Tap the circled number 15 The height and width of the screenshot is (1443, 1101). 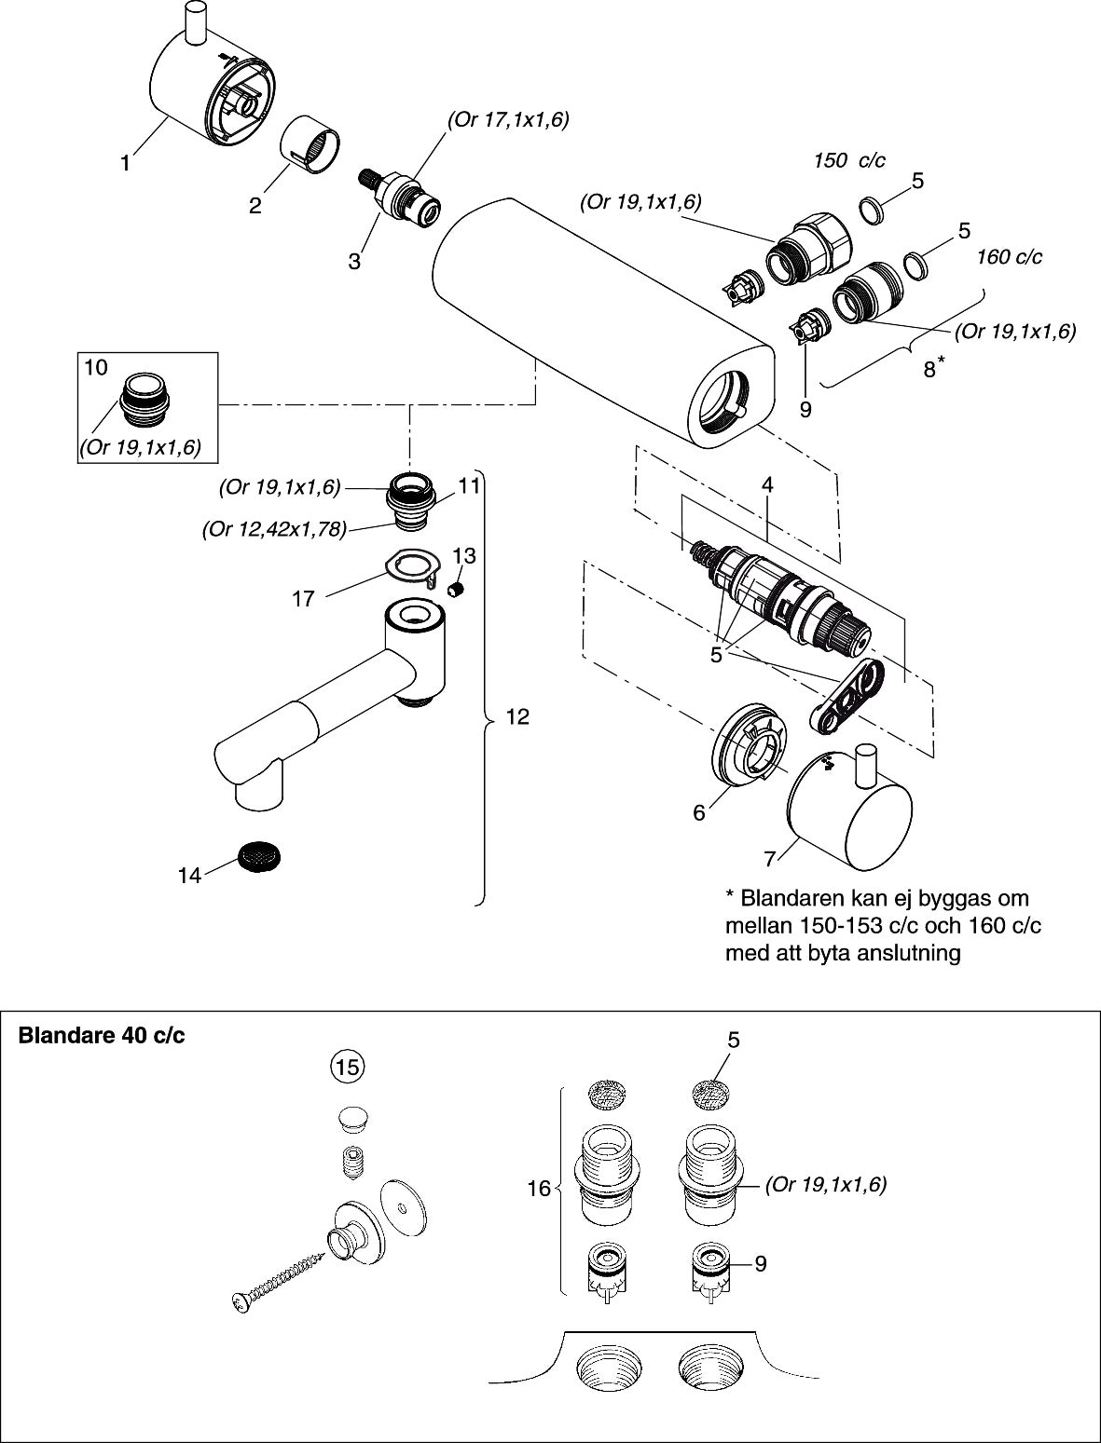click(x=347, y=1068)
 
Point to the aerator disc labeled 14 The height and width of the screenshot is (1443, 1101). click(x=261, y=854)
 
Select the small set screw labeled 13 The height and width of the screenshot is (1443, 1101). click(x=458, y=589)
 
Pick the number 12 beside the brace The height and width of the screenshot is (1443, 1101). click(x=516, y=716)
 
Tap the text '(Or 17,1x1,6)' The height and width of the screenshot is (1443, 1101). click(x=508, y=119)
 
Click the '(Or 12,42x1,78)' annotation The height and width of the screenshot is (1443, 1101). click(x=274, y=529)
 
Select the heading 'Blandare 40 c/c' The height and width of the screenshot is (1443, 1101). click(x=102, y=1035)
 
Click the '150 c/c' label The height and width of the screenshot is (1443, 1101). click(x=848, y=160)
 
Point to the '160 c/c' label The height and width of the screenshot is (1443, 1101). click(x=1009, y=256)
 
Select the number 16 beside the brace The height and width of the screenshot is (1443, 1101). click(x=539, y=1190)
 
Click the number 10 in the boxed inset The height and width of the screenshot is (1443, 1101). click(x=96, y=367)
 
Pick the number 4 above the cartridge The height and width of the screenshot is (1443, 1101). click(x=766, y=484)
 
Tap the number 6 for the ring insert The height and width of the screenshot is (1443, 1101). click(x=698, y=812)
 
